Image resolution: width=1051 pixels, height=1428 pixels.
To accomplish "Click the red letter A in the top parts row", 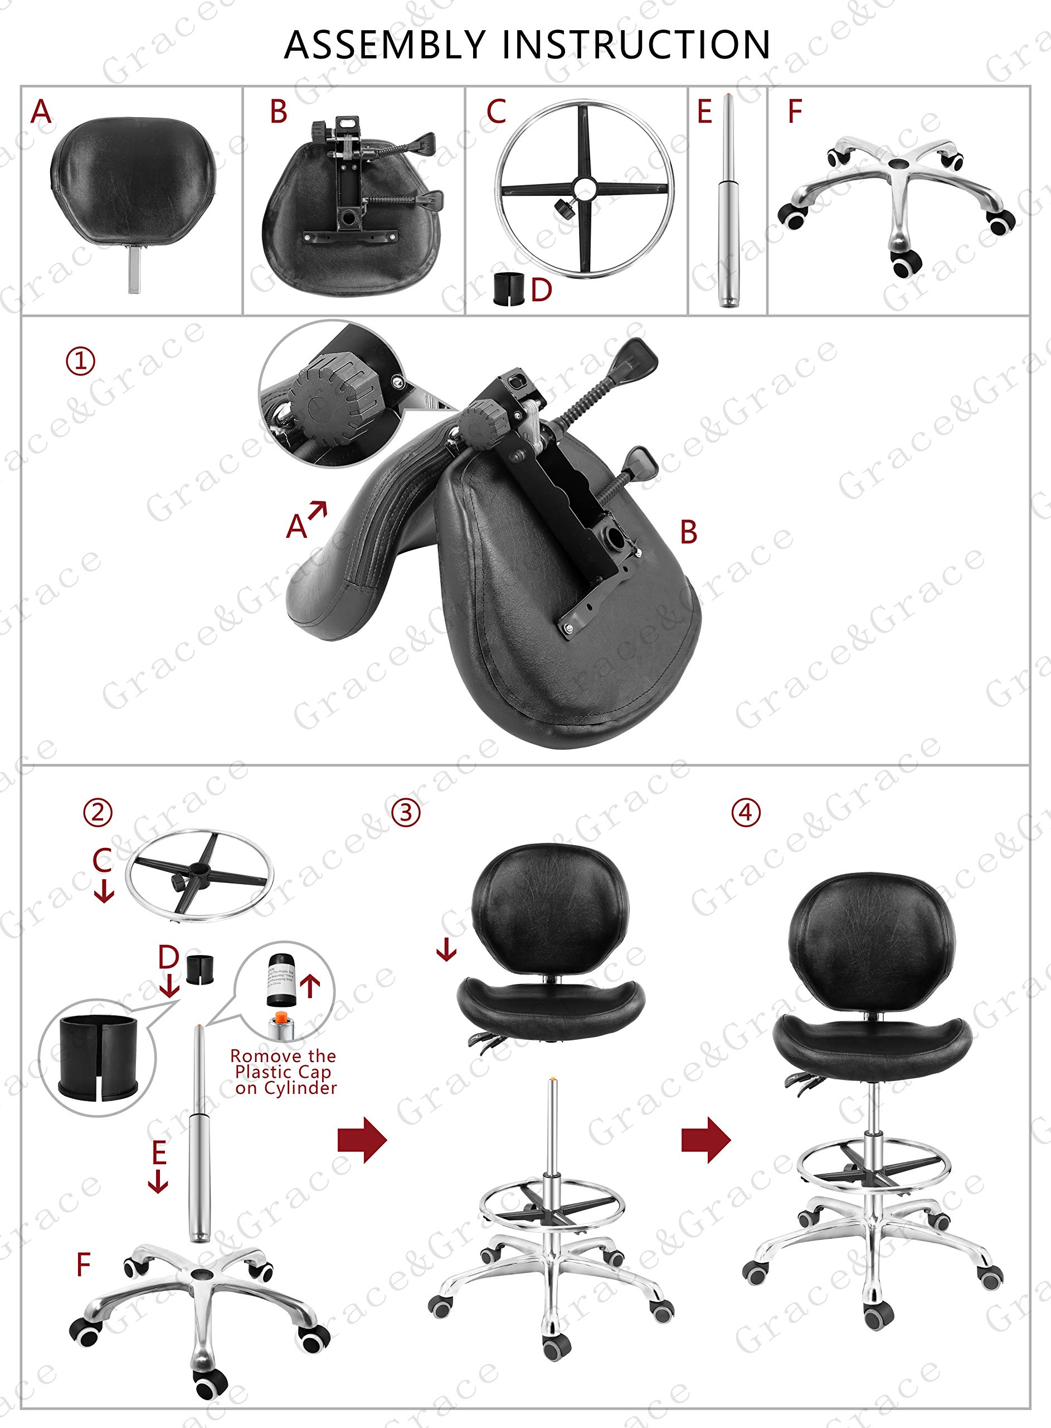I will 41,112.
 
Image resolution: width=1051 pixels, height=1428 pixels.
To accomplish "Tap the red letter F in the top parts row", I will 795,112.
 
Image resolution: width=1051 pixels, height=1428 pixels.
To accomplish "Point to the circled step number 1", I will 81,361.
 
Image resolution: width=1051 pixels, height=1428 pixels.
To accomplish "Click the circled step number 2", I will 98,812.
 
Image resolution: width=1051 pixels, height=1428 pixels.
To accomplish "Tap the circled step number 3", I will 406,812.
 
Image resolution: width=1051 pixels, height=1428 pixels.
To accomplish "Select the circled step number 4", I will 746,812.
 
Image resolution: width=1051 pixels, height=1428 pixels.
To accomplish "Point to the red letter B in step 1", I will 688,532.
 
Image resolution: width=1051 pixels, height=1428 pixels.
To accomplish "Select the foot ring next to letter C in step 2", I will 199,874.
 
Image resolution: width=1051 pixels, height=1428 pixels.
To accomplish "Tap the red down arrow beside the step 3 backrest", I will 446,949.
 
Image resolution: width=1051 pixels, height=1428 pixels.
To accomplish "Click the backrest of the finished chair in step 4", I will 872,941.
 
